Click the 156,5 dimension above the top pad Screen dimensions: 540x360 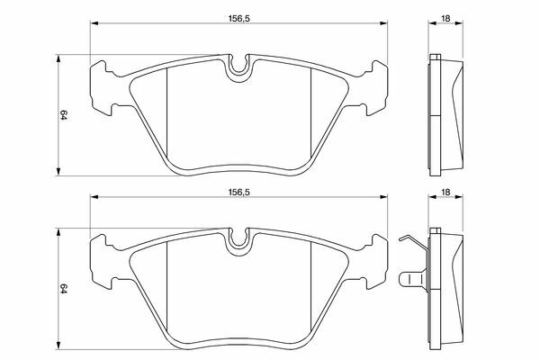click(x=238, y=18)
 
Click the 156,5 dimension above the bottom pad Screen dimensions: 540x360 click(x=238, y=193)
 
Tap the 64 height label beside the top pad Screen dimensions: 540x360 click(x=63, y=115)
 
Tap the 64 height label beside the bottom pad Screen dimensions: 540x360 click(x=63, y=289)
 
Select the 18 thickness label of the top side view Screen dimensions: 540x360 click(x=445, y=18)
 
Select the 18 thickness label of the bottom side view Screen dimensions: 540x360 click(x=445, y=193)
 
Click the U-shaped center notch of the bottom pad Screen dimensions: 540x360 click(x=238, y=241)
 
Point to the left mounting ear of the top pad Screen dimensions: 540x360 click(x=102, y=88)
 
